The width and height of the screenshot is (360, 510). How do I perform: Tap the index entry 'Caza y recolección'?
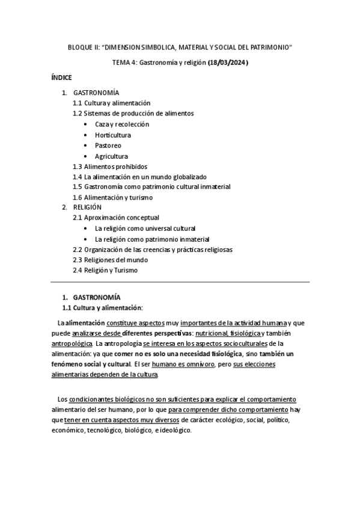122,124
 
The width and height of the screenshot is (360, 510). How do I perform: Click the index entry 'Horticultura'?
112,135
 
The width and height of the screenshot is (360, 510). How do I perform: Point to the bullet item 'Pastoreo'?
108,146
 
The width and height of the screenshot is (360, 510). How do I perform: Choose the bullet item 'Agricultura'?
111,156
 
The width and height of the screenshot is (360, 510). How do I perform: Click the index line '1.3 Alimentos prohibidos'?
109,167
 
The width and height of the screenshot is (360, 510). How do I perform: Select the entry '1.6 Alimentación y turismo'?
112,197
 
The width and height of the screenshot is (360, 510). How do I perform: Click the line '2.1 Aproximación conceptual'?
116,217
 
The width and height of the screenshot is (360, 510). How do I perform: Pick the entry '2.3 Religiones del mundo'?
110,260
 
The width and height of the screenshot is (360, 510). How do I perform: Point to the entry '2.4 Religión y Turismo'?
105,271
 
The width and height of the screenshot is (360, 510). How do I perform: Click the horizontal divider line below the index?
180,282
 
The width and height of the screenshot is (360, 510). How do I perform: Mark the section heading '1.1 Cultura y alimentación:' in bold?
106,307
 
